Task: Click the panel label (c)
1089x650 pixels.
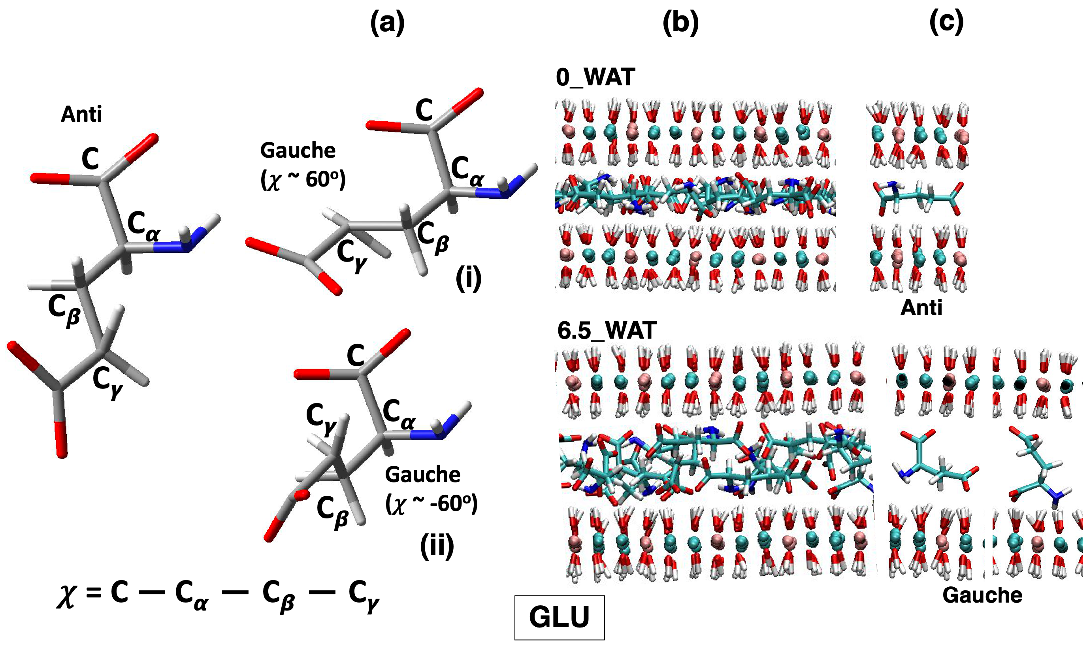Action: pyautogui.click(x=946, y=23)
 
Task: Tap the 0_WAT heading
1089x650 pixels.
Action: pyautogui.click(x=595, y=77)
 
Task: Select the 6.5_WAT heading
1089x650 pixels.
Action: pyautogui.click(x=607, y=330)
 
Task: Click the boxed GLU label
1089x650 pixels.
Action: pyautogui.click(x=559, y=617)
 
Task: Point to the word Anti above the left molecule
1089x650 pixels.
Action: pyautogui.click(x=81, y=115)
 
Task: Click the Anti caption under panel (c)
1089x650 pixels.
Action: pyautogui.click(x=921, y=308)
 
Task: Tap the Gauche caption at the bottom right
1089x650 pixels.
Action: pyautogui.click(x=982, y=595)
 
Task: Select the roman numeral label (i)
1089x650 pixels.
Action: pyautogui.click(x=469, y=279)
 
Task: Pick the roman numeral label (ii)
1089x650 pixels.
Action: pyautogui.click(x=437, y=546)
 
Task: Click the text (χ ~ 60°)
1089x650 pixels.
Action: pyautogui.click(x=303, y=179)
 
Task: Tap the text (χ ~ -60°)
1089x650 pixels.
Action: pyautogui.click(x=431, y=504)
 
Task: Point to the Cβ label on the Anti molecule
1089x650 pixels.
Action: pyautogui.click(x=64, y=310)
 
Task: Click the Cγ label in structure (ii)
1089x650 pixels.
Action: pyautogui.click(x=321, y=416)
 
